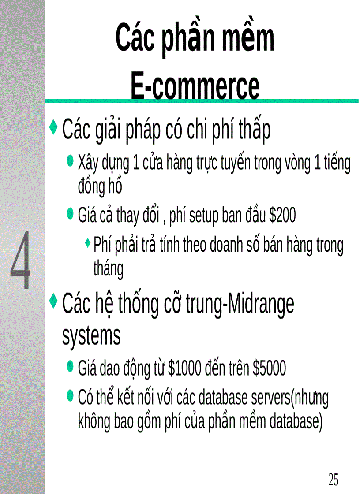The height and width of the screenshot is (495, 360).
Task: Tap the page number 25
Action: pos(334,479)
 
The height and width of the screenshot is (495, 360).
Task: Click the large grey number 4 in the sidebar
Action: pos(21,260)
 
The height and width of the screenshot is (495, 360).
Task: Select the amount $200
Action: pos(283,216)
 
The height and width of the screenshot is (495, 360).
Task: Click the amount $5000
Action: pos(270,368)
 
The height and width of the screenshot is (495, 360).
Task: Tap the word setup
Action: pos(195,216)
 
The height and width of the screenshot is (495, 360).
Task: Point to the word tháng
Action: pos(108,268)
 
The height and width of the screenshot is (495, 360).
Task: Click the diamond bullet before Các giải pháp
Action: pos(54,127)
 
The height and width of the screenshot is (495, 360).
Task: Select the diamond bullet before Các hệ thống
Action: pos(54,301)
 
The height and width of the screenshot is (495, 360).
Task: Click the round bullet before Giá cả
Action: pos(70,214)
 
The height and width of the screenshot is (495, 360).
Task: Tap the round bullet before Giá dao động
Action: pos(70,365)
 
